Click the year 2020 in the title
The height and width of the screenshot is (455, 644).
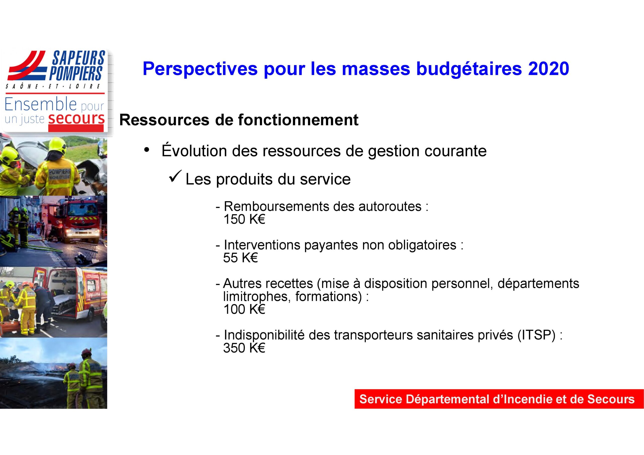[549, 69]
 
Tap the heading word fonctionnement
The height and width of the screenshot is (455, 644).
[298, 120]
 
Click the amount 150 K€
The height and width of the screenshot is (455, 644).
[244, 219]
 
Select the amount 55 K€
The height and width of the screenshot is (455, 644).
[240, 258]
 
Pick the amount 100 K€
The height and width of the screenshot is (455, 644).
[244, 309]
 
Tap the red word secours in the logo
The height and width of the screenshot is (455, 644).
[76, 119]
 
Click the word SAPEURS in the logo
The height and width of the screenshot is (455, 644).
[78, 58]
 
